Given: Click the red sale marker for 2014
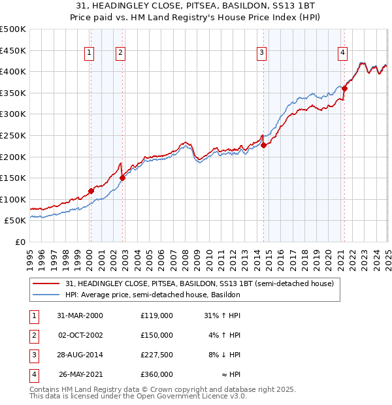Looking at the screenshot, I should pyautogui.click(x=264, y=145).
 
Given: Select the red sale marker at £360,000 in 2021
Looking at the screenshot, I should pyautogui.click(x=344, y=89).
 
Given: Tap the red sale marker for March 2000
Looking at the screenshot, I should pyautogui.click(x=91, y=191).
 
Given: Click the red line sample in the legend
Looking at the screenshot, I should pyautogui.click(x=46, y=284).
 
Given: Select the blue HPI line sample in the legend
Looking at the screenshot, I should pyautogui.click(x=46, y=295).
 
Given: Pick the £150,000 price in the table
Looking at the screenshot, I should pyautogui.click(x=157, y=335).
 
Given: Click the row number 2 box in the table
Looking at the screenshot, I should pyautogui.click(x=33, y=335).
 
